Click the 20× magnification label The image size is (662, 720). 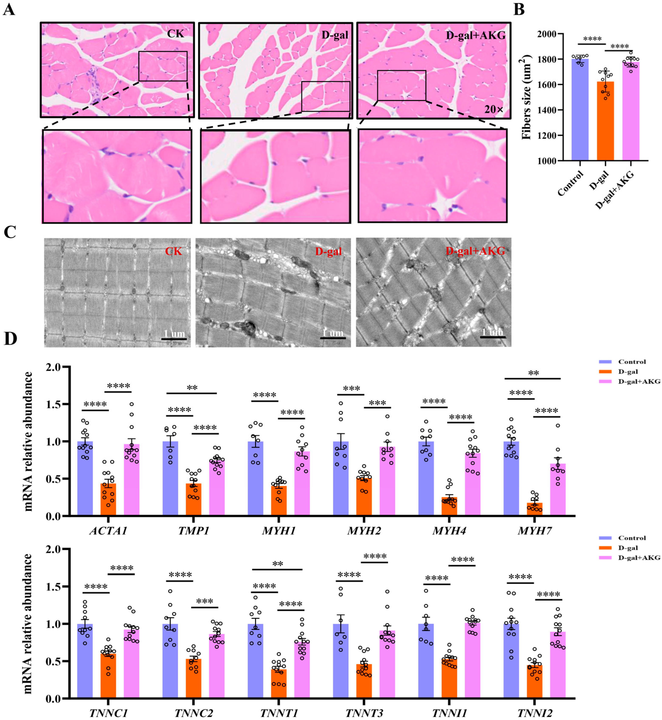(494, 110)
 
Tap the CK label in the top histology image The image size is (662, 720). (175, 34)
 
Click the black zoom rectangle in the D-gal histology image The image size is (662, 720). (325, 96)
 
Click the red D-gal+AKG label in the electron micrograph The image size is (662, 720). (475, 251)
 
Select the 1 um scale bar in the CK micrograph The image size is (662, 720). (174, 338)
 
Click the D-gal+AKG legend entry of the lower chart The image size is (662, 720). (639, 568)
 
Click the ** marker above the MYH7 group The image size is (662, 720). (533, 373)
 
